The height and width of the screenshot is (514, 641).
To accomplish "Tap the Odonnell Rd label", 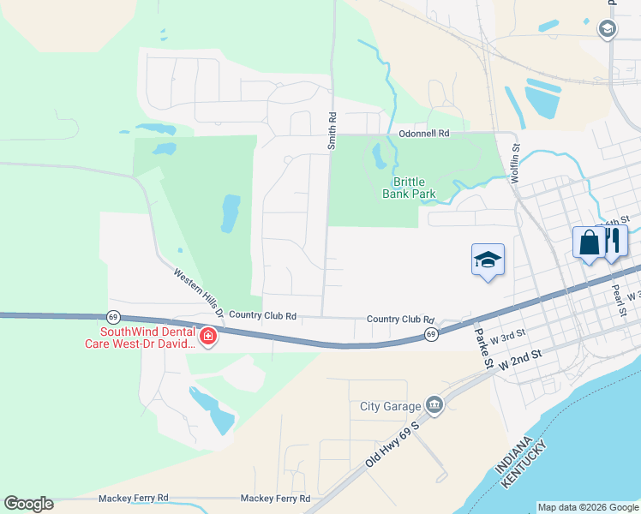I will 424,134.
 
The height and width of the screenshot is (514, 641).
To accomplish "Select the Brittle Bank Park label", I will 409,188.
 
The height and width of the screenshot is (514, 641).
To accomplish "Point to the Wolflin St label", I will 516,159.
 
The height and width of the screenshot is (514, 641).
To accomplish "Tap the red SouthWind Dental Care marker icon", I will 207,338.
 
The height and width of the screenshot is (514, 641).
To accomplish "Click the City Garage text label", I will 390,406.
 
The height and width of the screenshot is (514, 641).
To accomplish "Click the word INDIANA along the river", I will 518,456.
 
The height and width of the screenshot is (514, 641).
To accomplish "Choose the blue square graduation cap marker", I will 488,260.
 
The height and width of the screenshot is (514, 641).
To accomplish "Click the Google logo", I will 28,504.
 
